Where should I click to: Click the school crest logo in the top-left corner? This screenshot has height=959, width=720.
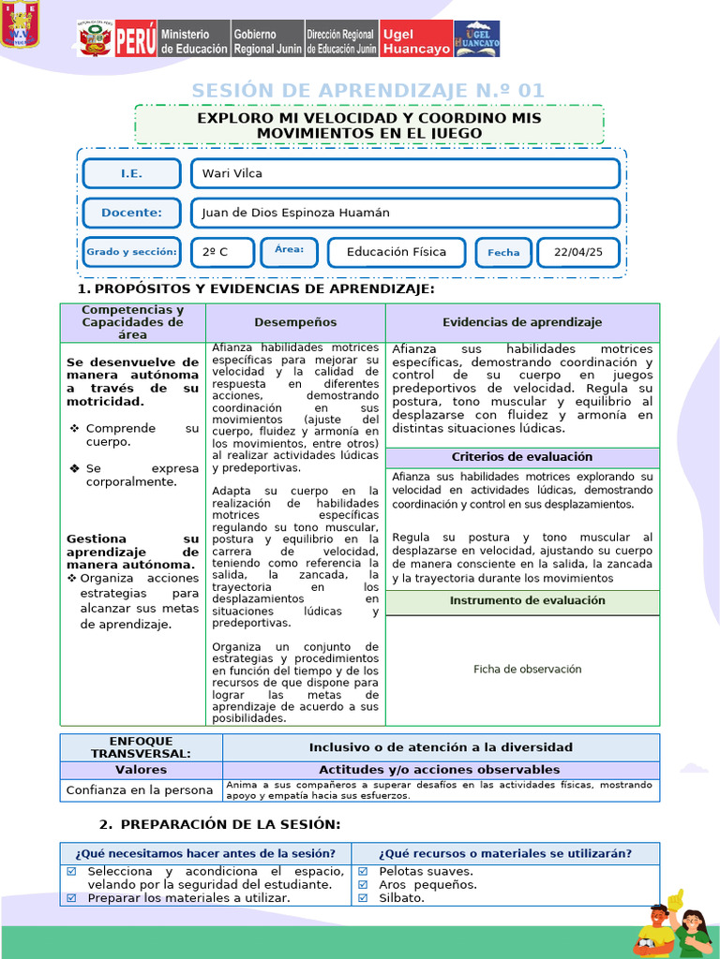point(20,25)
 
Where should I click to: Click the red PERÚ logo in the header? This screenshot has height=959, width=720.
point(135,40)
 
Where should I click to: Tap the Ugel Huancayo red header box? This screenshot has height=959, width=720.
point(416,40)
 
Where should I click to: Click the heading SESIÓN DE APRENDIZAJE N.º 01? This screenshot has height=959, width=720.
point(367,90)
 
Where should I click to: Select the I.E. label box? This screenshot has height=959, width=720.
point(131,173)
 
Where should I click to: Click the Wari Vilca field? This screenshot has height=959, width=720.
point(405,173)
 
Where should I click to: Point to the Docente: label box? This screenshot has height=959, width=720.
point(131,213)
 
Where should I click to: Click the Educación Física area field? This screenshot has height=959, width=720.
point(397,252)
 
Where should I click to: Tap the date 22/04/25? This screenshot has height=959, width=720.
point(578,252)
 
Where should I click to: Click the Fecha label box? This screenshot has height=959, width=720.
point(503,252)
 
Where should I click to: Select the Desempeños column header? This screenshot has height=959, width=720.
point(295,322)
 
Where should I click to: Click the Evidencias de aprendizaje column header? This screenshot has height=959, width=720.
point(522,322)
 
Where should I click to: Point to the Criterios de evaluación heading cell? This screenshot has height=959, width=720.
point(522,457)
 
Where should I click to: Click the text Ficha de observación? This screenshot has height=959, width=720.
point(527,669)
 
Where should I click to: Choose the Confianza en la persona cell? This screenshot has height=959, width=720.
point(140,790)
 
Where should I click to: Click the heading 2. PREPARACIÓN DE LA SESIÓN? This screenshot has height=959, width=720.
point(220,824)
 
